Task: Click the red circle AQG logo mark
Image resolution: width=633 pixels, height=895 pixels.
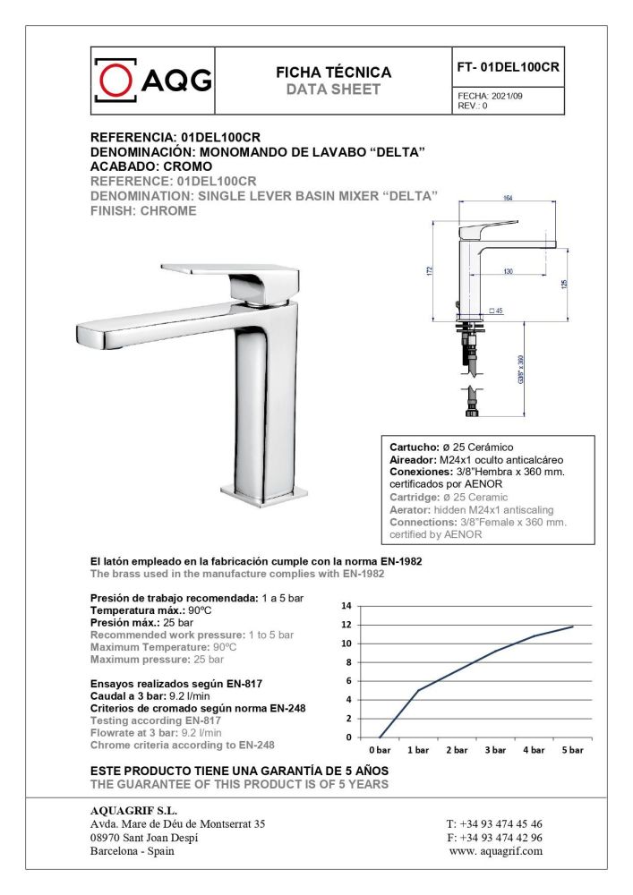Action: (115, 81)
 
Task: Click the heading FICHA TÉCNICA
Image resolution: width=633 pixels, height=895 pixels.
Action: (333, 72)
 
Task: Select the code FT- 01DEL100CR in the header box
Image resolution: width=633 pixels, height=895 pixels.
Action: (509, 67)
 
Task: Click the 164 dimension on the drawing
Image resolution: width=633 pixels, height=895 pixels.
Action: (507, 199)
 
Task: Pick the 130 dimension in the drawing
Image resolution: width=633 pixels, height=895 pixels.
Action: (508, 271)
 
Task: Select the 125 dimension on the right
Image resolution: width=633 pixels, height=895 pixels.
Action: (564, 282)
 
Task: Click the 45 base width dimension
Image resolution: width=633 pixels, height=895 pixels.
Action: (498, 311)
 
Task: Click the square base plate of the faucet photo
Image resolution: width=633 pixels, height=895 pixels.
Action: (264, 491)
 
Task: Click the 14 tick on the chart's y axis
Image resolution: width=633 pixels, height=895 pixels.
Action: (346, 606)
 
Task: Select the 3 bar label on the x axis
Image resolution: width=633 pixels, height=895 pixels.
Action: (495, 750)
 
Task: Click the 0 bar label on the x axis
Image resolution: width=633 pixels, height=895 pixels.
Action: (380, 750)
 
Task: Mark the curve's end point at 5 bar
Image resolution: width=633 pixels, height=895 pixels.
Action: (572, 626)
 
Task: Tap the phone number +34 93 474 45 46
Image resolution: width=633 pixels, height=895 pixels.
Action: (494, 823)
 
